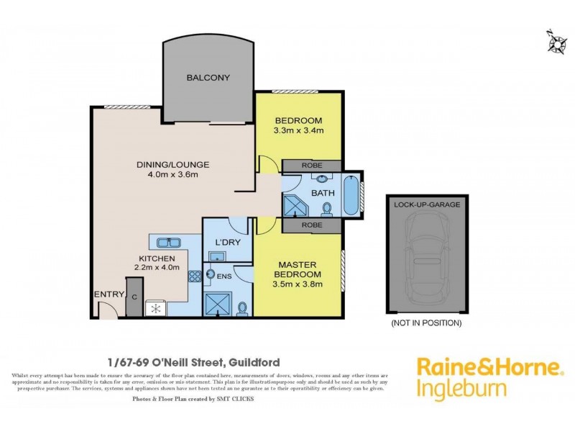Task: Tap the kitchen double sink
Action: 165,242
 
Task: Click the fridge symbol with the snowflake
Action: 155,308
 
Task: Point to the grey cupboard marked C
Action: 134,297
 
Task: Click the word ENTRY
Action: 106,294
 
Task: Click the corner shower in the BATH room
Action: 295,204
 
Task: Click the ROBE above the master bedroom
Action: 313,226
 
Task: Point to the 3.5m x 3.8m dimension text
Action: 298,284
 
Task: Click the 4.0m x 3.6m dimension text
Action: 167,175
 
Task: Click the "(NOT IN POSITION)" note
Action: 426,323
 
